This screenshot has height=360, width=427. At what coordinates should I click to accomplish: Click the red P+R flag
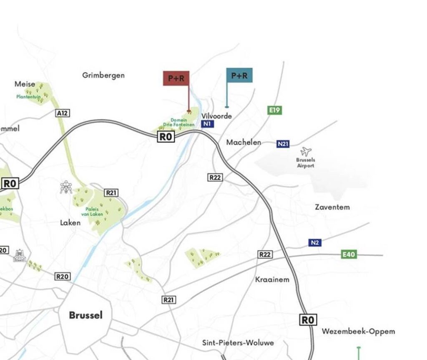pos(176,78)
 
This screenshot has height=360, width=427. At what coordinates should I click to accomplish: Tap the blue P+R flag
pos(239,76)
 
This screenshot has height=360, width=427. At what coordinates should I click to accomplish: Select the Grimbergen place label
pos(103,75)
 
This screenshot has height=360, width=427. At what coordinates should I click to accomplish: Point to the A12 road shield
pos(62,113)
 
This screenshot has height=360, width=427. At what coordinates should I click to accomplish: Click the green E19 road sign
pos(274,110)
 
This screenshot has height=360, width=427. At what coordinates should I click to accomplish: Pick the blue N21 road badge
pos(283,144)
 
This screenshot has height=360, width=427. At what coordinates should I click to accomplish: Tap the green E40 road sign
pos(349,254)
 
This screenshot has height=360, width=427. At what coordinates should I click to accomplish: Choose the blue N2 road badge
pos(315,242)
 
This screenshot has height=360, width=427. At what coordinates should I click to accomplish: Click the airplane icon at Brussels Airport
pos(306,151)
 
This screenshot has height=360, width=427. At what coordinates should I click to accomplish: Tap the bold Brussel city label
pos(85,315)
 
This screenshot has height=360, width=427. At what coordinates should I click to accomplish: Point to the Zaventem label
pos(332,207)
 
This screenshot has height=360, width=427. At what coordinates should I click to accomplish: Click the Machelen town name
pos(244,142)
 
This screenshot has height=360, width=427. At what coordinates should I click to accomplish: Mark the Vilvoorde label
pos(216,116)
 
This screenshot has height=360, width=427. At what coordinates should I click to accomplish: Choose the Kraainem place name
pos(272,279)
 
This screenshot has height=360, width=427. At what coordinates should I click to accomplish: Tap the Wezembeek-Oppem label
pos(358,332)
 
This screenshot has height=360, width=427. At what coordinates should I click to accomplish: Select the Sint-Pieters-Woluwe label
pos(238,342)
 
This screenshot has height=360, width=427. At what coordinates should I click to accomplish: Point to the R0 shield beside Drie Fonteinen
pos(166,137)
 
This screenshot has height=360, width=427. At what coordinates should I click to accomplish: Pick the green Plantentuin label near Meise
pos(29,97)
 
